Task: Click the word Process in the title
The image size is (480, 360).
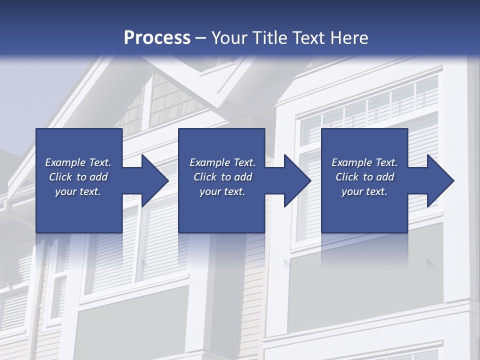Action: tap(157, 38)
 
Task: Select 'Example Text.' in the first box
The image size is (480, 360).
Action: tap(78, 162)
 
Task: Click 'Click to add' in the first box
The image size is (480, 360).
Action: tap(78, 177)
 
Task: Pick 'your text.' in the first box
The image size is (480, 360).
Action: tap(78, 191)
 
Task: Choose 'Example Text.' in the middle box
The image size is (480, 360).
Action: tap(222, 162)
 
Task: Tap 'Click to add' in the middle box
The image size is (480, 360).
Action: tap(222, 177)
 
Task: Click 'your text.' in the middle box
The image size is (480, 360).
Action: tap(222, 191)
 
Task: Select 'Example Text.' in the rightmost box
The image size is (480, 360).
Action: tap(364, 162)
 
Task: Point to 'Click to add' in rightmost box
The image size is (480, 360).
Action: tap(364, 177)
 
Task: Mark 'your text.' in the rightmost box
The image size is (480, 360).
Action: tap(364, 191)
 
